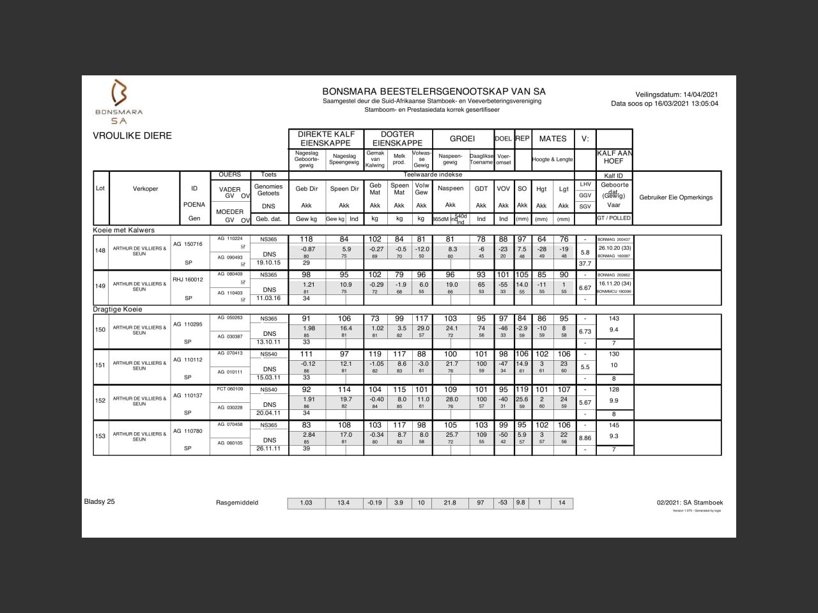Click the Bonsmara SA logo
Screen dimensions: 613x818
[x=120, y=101]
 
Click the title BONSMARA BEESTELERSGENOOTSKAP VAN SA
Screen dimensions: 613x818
[x=433, y=91]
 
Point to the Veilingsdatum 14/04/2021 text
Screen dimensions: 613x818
[x=677, y=95]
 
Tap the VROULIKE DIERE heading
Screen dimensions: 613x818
[x=132, y=135]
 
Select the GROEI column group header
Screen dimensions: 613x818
[x=462, y=139]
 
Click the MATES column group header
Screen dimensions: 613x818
[x=552, y=139]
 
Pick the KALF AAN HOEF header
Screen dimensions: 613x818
[x=614, y=157]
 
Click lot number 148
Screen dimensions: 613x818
[x=100, y=250]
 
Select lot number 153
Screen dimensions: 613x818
[x=100, y=436]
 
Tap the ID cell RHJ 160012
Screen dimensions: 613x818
[x=188, y=279]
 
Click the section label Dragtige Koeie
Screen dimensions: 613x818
[x=118, y=309]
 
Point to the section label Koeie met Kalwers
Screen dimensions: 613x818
[x=124, y=230]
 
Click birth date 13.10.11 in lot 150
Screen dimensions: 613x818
[x=268, y=342]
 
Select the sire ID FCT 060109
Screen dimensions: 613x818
[x=230, y=388]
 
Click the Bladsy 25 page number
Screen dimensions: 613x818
[x=100, y=501]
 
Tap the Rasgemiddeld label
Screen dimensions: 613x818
[x=237, y=503]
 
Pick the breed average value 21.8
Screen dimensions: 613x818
[x=450, y=503]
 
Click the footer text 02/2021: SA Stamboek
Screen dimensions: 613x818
[x=690, y=503]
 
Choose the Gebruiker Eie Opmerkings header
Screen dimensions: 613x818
[x=675, y=197]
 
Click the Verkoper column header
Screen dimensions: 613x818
[x=145, y=188]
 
